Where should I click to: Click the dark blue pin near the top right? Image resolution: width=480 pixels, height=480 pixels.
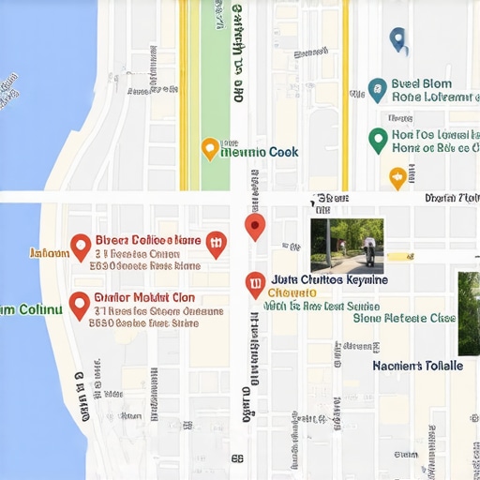click(398, 39)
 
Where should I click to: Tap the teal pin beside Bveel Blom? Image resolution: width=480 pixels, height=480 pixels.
click(377, 90)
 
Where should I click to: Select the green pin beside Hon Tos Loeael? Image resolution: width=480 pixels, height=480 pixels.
click(378, 141)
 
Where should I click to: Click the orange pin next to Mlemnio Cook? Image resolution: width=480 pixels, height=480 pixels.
click(210, 148)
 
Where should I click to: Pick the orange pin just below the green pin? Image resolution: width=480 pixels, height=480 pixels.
click(397, 176)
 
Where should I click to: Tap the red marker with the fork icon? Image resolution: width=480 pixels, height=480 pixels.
click(216, 244)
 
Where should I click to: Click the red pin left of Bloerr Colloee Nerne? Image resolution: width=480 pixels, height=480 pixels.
click(81, 247)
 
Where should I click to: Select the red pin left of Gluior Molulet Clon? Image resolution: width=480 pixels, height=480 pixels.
click(80, 304)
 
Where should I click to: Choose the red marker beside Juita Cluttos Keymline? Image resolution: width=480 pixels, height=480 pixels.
click(254, 284)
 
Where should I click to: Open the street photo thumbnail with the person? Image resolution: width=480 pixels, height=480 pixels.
click(347, 246)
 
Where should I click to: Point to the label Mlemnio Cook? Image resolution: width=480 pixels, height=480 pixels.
click(259, 152)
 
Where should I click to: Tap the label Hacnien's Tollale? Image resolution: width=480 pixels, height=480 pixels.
click(417, 366)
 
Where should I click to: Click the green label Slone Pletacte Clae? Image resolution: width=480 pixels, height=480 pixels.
click(404, 318)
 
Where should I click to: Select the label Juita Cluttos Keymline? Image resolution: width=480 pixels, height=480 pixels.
click(329, 279)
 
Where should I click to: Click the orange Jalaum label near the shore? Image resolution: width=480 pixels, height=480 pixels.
click(49, 253)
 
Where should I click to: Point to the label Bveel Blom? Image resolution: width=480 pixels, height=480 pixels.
click(422, 83)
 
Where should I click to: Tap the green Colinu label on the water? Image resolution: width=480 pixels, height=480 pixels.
click(31, 309)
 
